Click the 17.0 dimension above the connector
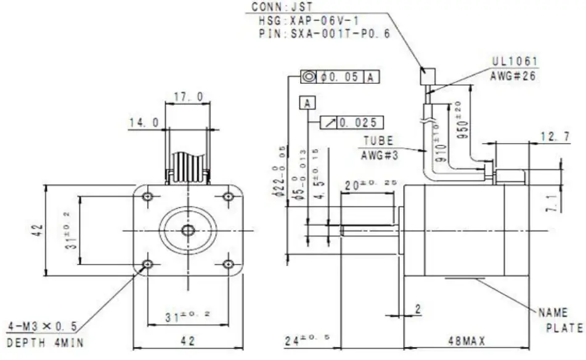coord(189,97)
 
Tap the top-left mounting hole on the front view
coord(148,197)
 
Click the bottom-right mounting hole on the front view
coord(228,264)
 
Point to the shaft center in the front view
coord(188,230)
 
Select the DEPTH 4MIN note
coord(45,343)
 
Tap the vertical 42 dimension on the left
coord(38,231)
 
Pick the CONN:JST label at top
coord(274,8)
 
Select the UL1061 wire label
coord(515,62)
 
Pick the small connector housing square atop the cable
coord(427,76)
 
